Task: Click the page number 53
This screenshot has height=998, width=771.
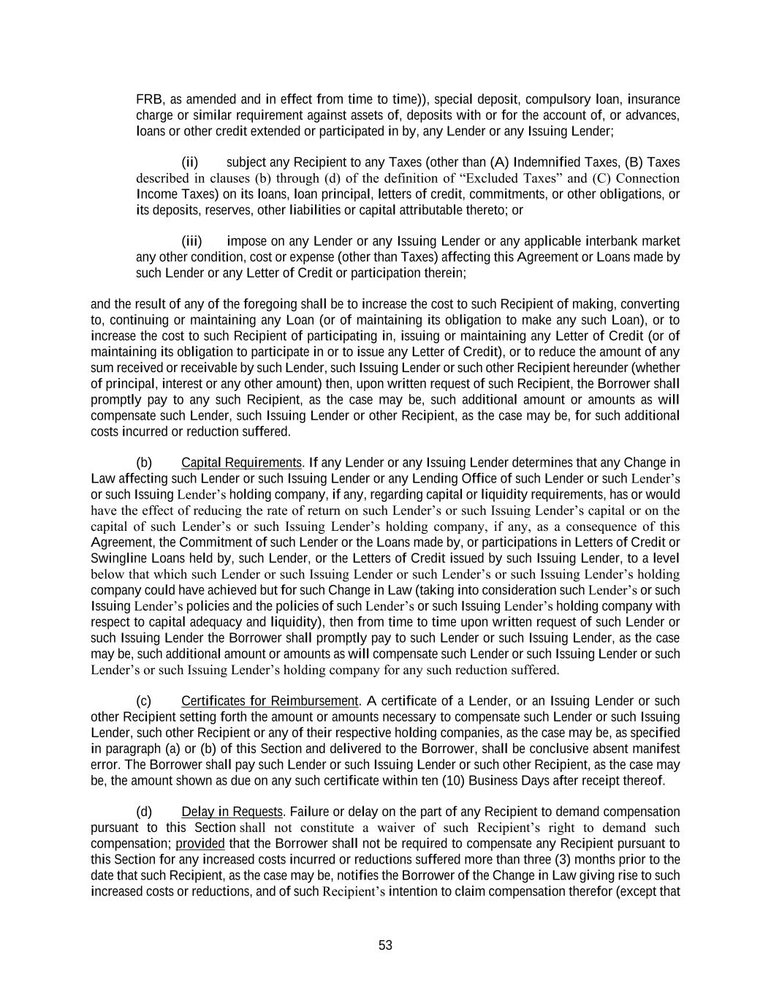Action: click(x=385, y=945)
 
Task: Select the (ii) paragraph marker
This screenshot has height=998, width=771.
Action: click(x=189, y=162)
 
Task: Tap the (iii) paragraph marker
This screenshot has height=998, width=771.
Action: click(x=191, y=241)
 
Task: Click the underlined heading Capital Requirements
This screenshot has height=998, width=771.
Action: click(x=241, y=463)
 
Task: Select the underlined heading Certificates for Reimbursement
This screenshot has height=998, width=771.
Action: click(x=270, y=701)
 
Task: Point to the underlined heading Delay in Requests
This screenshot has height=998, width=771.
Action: click(x=232, y=812)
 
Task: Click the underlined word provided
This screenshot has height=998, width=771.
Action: click(x=200, y=844)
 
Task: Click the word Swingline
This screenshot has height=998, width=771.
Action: click(x=118, y=559)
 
